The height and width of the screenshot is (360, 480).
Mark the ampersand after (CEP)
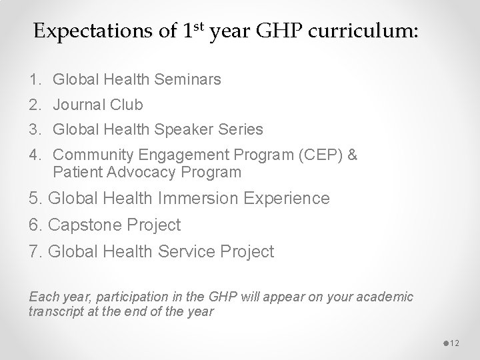click(x=353, y=155)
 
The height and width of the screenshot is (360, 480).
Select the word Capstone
click(x=83, y=225)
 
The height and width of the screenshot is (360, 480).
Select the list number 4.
click(x=34, y=155)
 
